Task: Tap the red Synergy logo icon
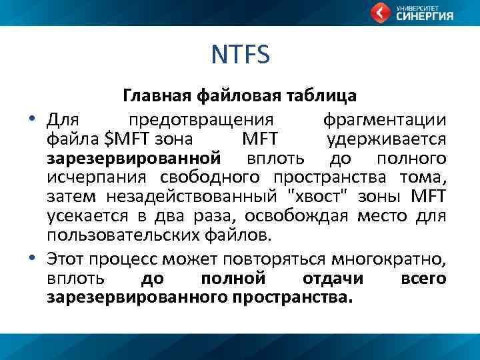pyautogui.click(x=381, y=13)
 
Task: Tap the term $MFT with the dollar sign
pyautogui.click(x=128, y=139)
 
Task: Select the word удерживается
pyautogui.click(x=387, y=139)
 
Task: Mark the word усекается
pyautogui.click(x=83, y=216)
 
